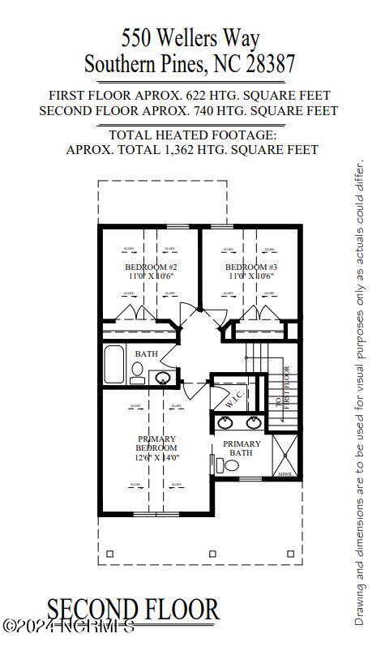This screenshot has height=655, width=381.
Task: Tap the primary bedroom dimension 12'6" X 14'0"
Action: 156,458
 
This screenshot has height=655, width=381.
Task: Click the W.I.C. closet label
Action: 233,398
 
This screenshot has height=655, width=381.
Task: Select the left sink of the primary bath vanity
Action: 225,422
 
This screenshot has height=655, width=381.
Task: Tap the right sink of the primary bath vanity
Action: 254,422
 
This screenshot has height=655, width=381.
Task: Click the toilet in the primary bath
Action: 229,465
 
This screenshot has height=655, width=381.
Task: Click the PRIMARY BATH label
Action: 242,448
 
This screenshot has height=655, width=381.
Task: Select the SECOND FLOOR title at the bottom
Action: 133,610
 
